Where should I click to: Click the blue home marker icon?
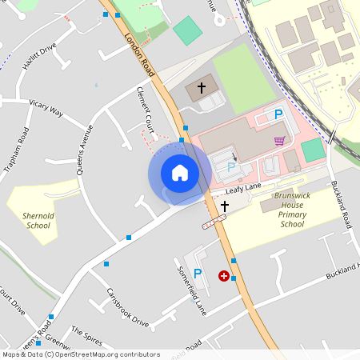click(180, 173)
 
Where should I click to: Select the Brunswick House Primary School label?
click(292, 209)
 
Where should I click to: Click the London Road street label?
click(138, 47)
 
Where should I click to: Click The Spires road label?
click(87, 332)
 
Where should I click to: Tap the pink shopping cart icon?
click(279, 141)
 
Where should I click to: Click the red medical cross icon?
click(223, 276)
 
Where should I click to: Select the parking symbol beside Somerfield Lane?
click(198, 274)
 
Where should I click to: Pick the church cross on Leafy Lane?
click(225, 206)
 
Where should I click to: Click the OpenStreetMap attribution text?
click(80, 354)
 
